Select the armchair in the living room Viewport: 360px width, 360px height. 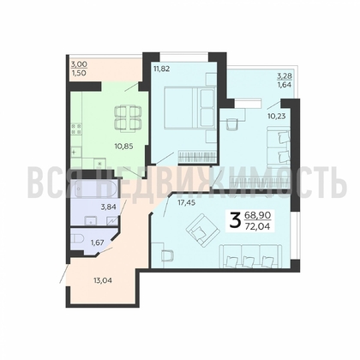(203, 229)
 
